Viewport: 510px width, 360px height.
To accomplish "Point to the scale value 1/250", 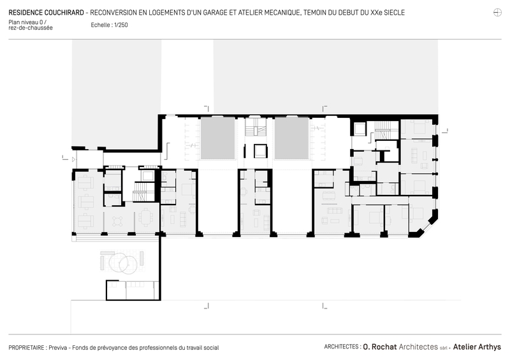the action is point(121,25).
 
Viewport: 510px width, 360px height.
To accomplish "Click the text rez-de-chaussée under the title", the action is point(31,28).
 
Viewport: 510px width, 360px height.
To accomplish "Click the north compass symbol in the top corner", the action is point(497,13).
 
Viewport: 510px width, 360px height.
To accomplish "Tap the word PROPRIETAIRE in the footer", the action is point(26,348).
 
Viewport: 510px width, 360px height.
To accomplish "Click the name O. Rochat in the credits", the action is point(380,347).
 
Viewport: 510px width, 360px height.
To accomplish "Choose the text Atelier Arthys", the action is point(477,347).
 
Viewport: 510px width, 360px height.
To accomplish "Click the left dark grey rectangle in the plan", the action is point(217,138).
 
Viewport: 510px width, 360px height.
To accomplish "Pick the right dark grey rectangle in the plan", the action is point(292,138).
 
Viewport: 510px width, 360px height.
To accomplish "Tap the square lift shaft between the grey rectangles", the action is point(261,151).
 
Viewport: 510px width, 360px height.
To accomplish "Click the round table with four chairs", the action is point(117,222).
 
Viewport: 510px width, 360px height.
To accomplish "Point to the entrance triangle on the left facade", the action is point(73,160).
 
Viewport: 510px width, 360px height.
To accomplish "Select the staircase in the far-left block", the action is point(143,192).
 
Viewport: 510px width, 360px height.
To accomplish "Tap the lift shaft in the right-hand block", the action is point(360,129).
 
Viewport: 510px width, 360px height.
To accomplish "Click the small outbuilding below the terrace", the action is point(133,290).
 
